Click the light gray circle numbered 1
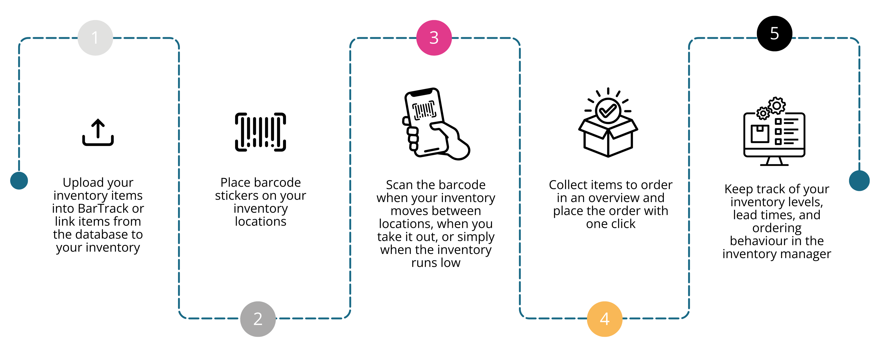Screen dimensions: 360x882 (x=95, y=38)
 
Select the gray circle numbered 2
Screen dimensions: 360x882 (x=258, y=319)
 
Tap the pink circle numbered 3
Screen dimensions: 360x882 (x=434, y=38)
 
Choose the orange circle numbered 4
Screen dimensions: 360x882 (x=604, y=319)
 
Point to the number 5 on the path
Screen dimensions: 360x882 (x=774, y=34)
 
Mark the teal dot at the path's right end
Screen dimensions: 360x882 (x=859, y=180)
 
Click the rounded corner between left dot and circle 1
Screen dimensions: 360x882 (x=21, y=40)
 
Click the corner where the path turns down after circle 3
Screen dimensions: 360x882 (x=517, y=40)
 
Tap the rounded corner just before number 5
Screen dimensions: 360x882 (x=691, y=40)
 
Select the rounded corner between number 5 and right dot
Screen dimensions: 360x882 (x=857, y=40)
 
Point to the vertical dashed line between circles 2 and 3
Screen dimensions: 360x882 (x=350, y=178)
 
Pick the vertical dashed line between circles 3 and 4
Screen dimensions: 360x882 (x=520, y=178)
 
